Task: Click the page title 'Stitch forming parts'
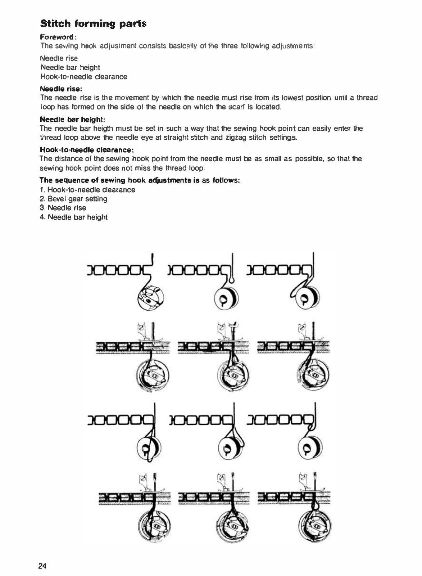[x=93, y=24]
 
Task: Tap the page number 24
[x=42, y=565]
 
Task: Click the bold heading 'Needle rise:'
[x=61, y=89]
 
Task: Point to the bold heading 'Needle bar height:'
[x=73, y=119]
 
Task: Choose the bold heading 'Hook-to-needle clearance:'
[x=87, y=150]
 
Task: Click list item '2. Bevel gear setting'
[x=73, y=199]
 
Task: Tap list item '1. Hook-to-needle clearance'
[x=87, y=190]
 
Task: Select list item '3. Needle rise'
[x=63, y=208]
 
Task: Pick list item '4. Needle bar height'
[x=73, y=217]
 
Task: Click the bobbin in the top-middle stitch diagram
[x=226, y=298]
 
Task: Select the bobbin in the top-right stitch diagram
[x=307, y=298]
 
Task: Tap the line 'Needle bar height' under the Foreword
[x=70, y=67]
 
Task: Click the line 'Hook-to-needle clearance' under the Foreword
[x=84, y=77]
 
